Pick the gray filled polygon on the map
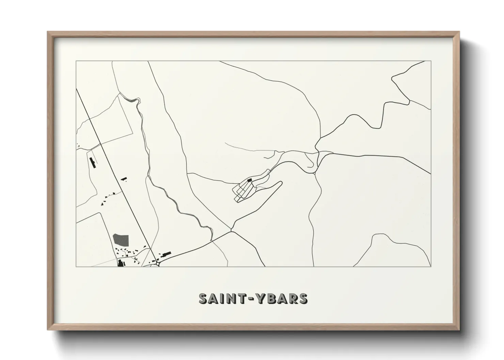tap(121, 240)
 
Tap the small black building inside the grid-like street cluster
tap(249, 180)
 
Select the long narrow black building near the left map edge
tap(92, 162)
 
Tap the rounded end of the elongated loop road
tap(281, 183)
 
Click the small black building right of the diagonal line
tap(124, 178)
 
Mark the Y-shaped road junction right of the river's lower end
tap(231, 231)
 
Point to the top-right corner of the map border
tap(431, 61)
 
